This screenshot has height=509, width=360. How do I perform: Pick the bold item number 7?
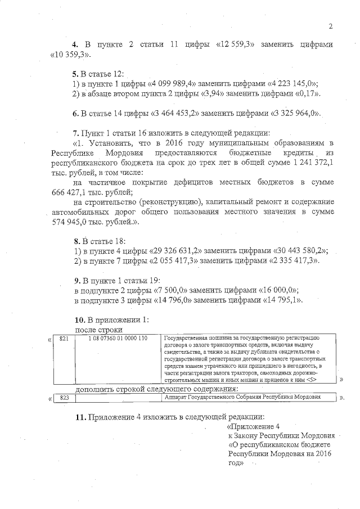coord(76,133)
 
